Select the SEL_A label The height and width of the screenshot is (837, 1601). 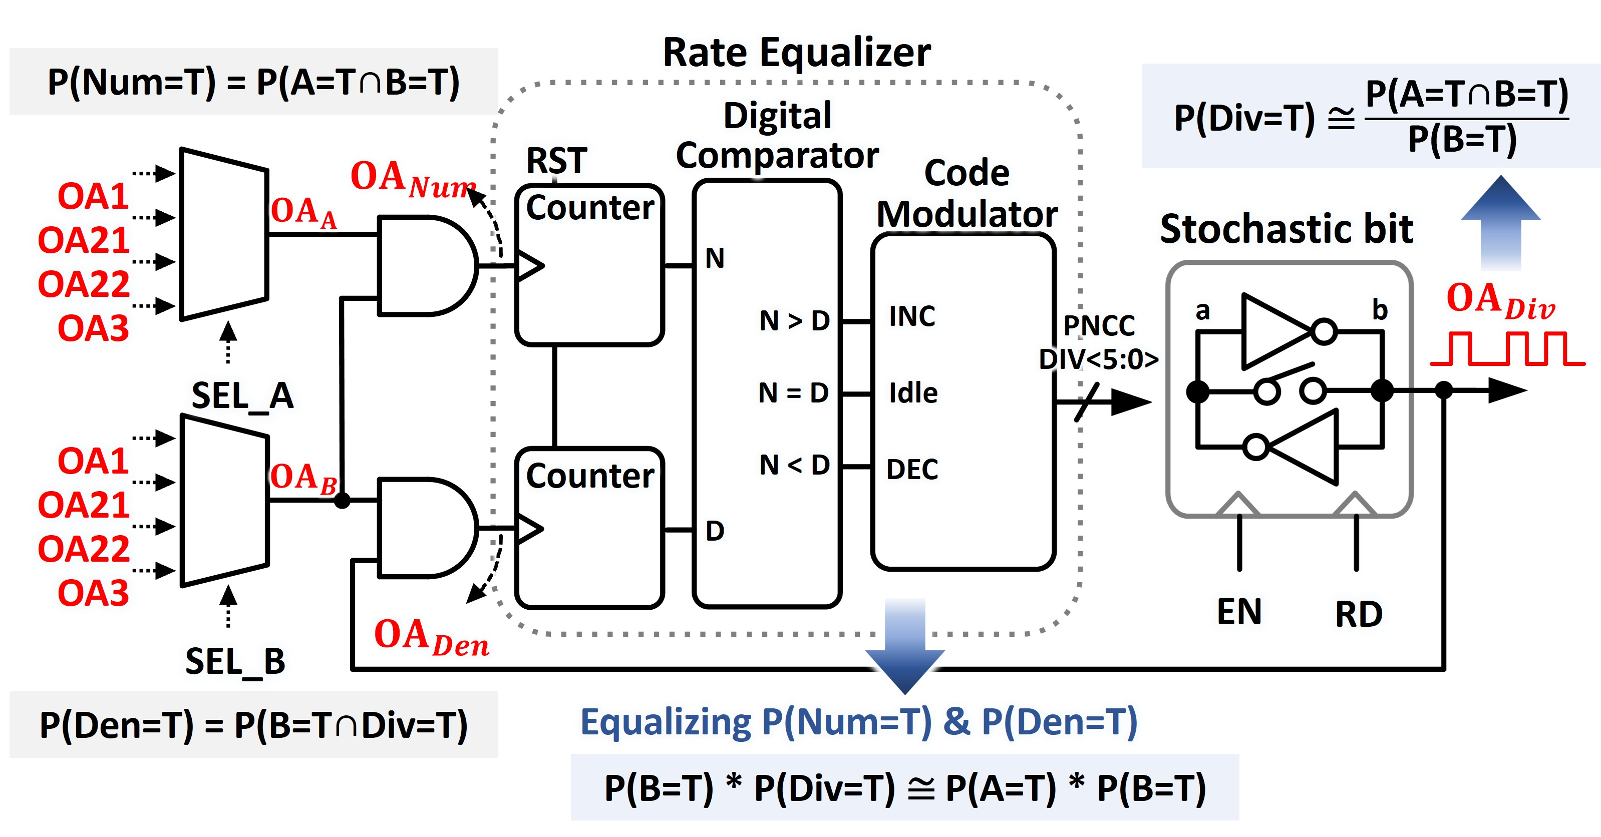pos(242,396)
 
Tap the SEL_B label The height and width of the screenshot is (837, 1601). pos(235,661)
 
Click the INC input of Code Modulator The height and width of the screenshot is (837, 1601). pos(912,317)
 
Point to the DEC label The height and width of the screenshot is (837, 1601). pos(912,470)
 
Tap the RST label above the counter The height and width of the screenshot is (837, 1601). pos(556,161)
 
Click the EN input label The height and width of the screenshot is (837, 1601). pos(1238,612)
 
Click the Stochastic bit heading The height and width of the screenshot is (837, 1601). pos(1287,229)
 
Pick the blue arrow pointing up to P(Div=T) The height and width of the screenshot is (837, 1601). pos(1500,224)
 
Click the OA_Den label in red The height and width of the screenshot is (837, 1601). pos(431,638)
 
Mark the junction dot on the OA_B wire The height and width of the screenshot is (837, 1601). pos(342,500)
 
